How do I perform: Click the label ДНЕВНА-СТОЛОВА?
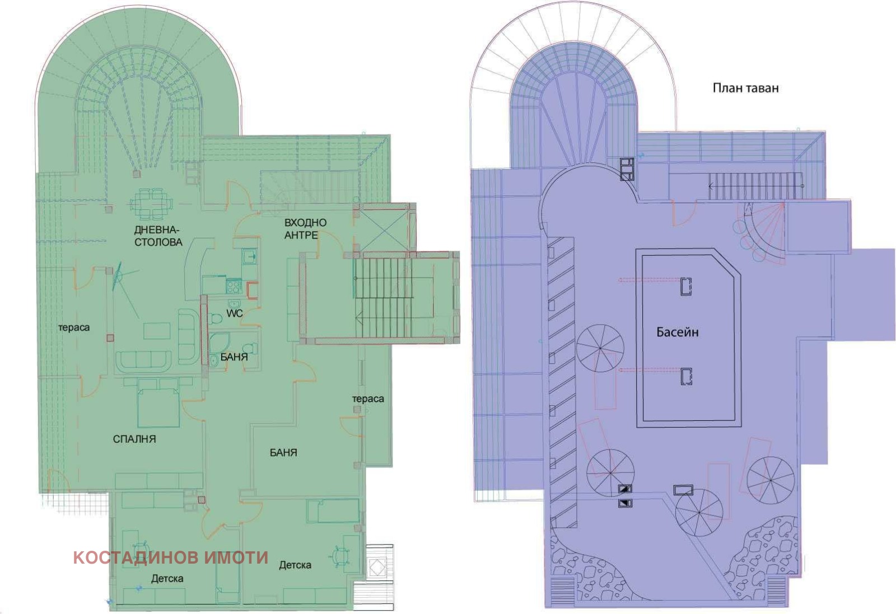click(158, 236)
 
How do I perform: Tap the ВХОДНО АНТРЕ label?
click(305, 229)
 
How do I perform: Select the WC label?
click(235, 313)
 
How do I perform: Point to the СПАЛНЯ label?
click(134, 439)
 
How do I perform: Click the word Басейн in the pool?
click(678, 332)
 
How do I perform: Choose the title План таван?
click(745, 88)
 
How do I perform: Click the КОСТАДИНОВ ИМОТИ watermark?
click(171, 557)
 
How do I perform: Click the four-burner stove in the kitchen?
click(234, 285)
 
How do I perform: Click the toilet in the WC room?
click(216, 318)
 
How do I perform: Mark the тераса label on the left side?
click(74, 328)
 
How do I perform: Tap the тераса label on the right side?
click(368, 399)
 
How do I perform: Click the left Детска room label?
click(167, 578)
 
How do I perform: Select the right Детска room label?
click(295, 565)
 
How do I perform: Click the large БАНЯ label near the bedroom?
click(283, 452)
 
